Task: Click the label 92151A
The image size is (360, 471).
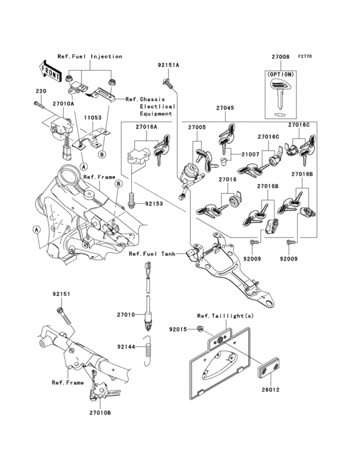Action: click(x=168, y=65)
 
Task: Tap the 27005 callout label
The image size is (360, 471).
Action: click(x=197, y=127)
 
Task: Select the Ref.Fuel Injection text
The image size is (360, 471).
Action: click(x=90, y=57)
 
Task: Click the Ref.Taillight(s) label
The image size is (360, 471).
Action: click(x=221, y=315)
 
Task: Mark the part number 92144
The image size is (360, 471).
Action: click(x=126, y=346)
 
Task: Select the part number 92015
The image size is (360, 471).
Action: click(x=177, y=329)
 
